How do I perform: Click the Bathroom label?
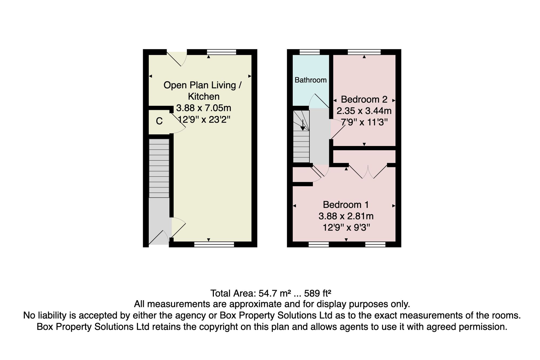tap(310, 80)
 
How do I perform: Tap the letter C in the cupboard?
tap(159, 121)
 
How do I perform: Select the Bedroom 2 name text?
tap(364, 99)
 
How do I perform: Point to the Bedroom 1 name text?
tap(346, 205)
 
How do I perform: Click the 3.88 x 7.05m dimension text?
tap(204, 108)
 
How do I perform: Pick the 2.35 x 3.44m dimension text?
tap(364, 111)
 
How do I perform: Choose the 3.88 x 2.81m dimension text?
tap(346, 216)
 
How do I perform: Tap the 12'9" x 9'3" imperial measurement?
tap(346, 227)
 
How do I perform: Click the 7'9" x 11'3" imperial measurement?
tap(364, 122)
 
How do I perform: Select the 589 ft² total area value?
tap(318, 293)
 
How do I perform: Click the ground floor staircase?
tap(159, 168)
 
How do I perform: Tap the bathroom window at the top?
tap(310, 52)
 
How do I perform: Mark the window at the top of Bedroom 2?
tap(364, 52)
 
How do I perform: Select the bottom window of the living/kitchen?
tap(214, 244)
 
